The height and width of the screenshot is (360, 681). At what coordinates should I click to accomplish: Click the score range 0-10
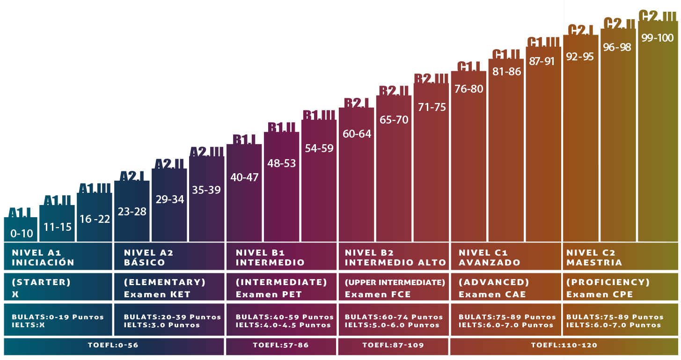22,234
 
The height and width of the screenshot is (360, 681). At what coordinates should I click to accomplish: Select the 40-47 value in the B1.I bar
244,178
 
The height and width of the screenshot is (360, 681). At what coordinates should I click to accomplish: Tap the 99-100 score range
658,38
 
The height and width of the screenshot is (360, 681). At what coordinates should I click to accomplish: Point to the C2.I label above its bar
580,30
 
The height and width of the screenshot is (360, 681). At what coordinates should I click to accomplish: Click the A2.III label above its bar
206,152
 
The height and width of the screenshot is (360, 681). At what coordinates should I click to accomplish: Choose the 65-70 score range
394,120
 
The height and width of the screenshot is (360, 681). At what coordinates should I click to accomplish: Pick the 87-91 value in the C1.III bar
542,62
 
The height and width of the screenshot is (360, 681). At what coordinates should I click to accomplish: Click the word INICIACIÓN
43,263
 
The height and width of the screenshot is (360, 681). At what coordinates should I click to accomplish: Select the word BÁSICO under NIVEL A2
145,263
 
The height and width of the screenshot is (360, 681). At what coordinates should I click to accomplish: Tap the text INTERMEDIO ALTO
395,263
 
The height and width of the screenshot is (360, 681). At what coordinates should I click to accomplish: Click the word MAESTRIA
594,263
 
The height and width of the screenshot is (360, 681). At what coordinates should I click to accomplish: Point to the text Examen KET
151,294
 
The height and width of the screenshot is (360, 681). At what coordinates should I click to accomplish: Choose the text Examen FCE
378,294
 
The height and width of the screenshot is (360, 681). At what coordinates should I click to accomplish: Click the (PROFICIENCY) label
608,282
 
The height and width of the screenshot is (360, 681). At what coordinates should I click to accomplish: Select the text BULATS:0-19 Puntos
58,317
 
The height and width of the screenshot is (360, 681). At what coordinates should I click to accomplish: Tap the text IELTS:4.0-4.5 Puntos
283,325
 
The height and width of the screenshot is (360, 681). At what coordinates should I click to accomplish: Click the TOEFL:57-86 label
281,345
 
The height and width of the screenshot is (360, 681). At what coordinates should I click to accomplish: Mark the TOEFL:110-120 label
564,345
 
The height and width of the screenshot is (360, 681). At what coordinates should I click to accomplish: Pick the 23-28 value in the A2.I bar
132,212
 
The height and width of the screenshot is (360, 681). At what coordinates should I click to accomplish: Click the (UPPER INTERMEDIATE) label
395,282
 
